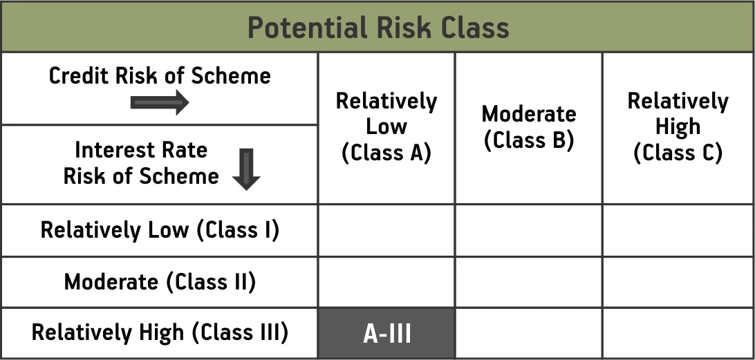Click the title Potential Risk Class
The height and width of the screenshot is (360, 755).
[x=378, y=28]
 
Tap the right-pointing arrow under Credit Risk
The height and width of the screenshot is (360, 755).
[x=160, y=102]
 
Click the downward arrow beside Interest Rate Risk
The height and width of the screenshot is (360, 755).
[x=246, y=169]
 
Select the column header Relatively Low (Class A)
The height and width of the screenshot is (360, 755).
[x=386, y=127]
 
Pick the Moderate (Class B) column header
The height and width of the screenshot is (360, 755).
[x=529, y=127]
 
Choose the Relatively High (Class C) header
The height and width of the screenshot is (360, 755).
[x=678, y=127]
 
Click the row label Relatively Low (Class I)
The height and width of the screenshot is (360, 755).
[x=160, y=230]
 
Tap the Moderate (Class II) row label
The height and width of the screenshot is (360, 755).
[x=160, y=282]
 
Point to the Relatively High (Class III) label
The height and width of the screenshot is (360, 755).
[x=160, y=332]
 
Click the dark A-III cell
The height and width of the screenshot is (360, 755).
[x=386, y=334]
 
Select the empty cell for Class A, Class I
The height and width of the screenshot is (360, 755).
[x=386, y=231]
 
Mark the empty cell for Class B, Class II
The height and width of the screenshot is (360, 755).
[x=529, y=282]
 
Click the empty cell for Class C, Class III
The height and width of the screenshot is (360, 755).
[x=678, y=334]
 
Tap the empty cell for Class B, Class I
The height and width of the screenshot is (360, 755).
[x=529, y=231]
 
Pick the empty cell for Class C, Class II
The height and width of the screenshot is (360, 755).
[x=678, y=282]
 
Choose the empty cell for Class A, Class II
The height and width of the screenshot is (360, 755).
[x=386, y=282]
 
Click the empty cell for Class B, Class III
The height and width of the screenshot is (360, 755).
[x=529, y=334]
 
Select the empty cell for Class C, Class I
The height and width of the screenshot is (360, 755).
[x=678, y=231]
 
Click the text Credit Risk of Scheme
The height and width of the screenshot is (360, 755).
[x=160, y=75]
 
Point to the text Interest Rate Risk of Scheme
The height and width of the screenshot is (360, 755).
[x=141, y=163]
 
